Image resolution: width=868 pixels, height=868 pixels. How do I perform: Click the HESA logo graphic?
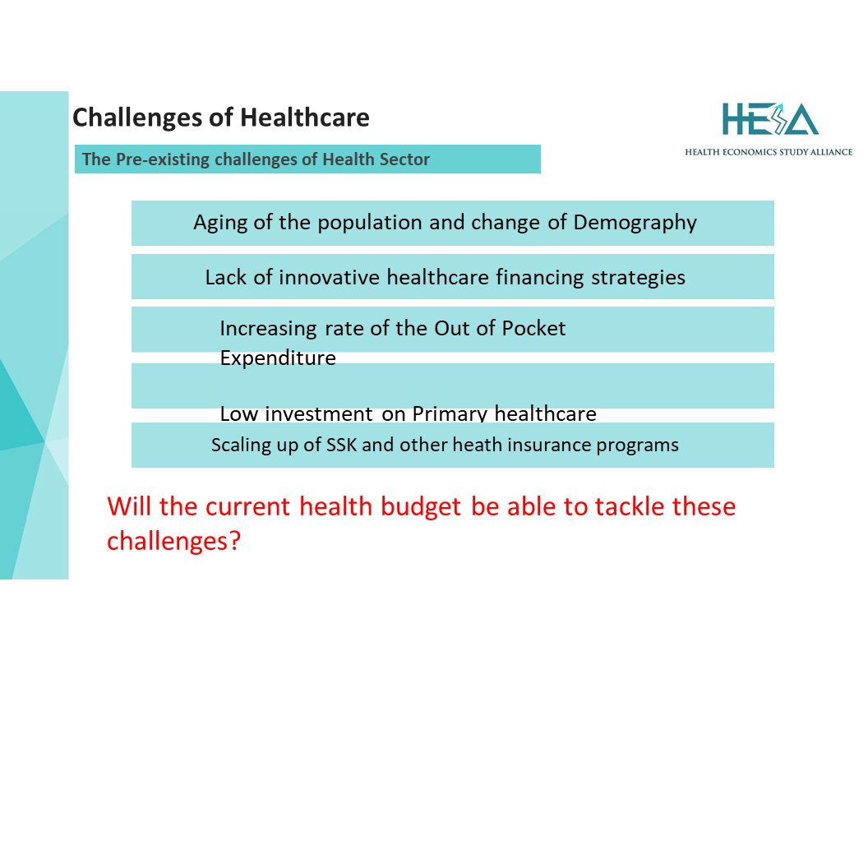point(770,119)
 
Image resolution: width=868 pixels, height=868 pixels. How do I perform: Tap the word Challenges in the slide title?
point(137,118)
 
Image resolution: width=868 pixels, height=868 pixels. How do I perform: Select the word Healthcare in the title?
point(304,118)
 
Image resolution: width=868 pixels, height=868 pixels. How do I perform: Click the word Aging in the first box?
point(219,223)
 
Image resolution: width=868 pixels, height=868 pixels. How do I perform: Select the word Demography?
point(635,223)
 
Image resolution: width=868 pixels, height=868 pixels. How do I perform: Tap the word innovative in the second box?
point(329,277)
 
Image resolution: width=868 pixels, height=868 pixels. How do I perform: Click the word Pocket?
point(533,328)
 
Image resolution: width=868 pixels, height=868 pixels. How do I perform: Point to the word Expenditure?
point(278,358)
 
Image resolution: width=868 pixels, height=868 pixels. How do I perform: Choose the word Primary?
point(450,413)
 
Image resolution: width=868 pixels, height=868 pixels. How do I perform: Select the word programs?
point(637,446)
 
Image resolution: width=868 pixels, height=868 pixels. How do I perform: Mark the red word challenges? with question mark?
point(173,541)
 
